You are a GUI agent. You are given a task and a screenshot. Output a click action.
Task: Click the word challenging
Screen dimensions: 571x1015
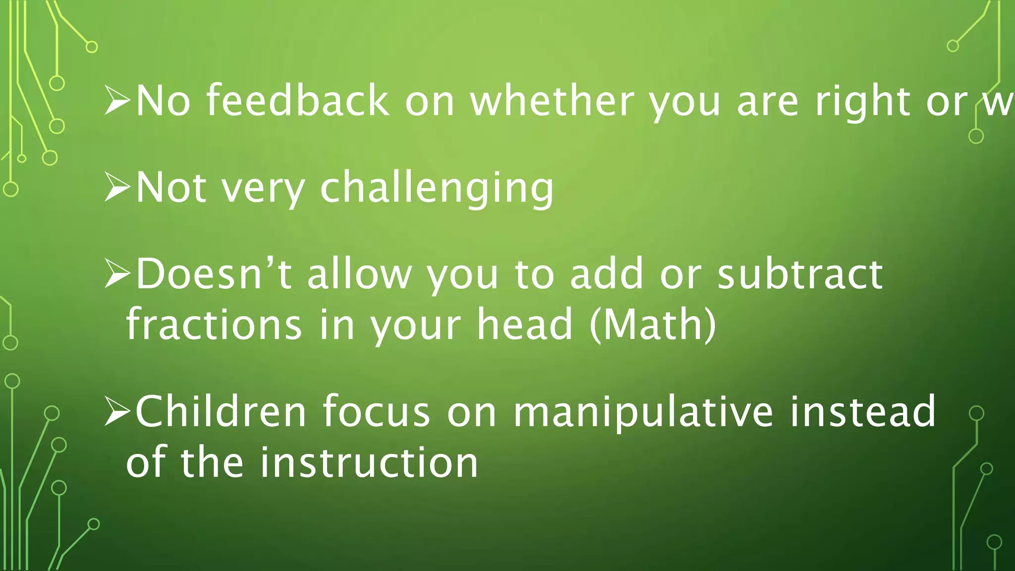click(x=437, y=188)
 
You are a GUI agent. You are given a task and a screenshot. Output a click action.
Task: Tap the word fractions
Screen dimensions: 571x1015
click(x=214, y=324)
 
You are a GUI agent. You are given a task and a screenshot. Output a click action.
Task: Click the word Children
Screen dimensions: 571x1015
click(x=221, y=411)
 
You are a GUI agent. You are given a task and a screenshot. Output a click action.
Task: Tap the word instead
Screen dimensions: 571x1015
click(x=862, y=411)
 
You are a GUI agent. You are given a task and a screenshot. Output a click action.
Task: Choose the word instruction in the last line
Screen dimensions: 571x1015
click(x=369, y=462)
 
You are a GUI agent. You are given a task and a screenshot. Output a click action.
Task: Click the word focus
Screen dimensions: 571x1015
click(x=376, y=411)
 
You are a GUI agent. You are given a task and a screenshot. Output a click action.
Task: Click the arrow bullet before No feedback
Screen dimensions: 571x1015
click(x=117, y=101)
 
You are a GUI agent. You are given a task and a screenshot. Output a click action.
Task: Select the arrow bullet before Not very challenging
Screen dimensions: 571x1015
click(x=117, y=188)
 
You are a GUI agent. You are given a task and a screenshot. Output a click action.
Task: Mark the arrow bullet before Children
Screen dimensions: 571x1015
click(x=117, y=411)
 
